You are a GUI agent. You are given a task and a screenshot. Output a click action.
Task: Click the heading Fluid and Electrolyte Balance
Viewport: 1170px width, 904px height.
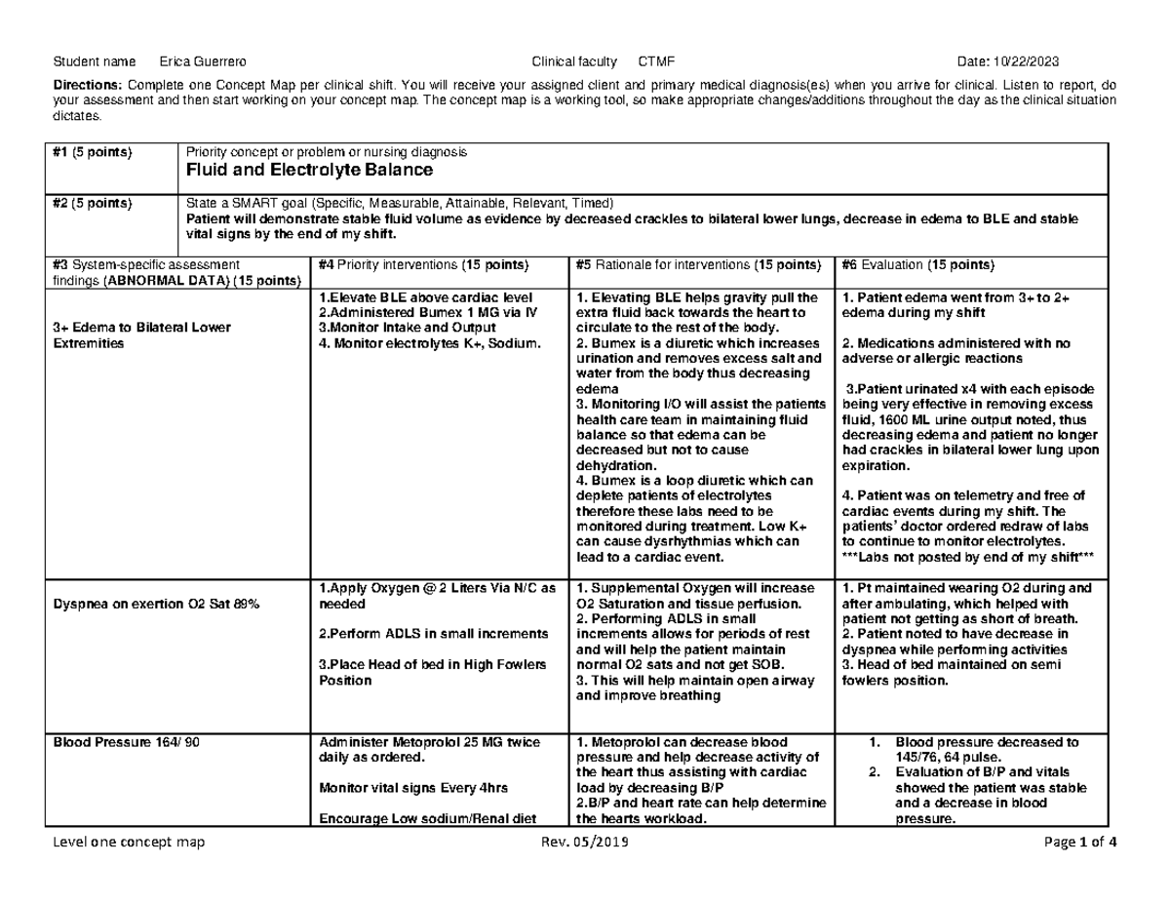click(x=308, y=171)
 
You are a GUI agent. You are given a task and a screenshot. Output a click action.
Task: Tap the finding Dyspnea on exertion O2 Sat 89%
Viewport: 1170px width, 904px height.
click(x=156, y=606)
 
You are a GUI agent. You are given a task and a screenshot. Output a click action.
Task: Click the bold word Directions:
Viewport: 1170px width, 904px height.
click(x=83, y=85)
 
